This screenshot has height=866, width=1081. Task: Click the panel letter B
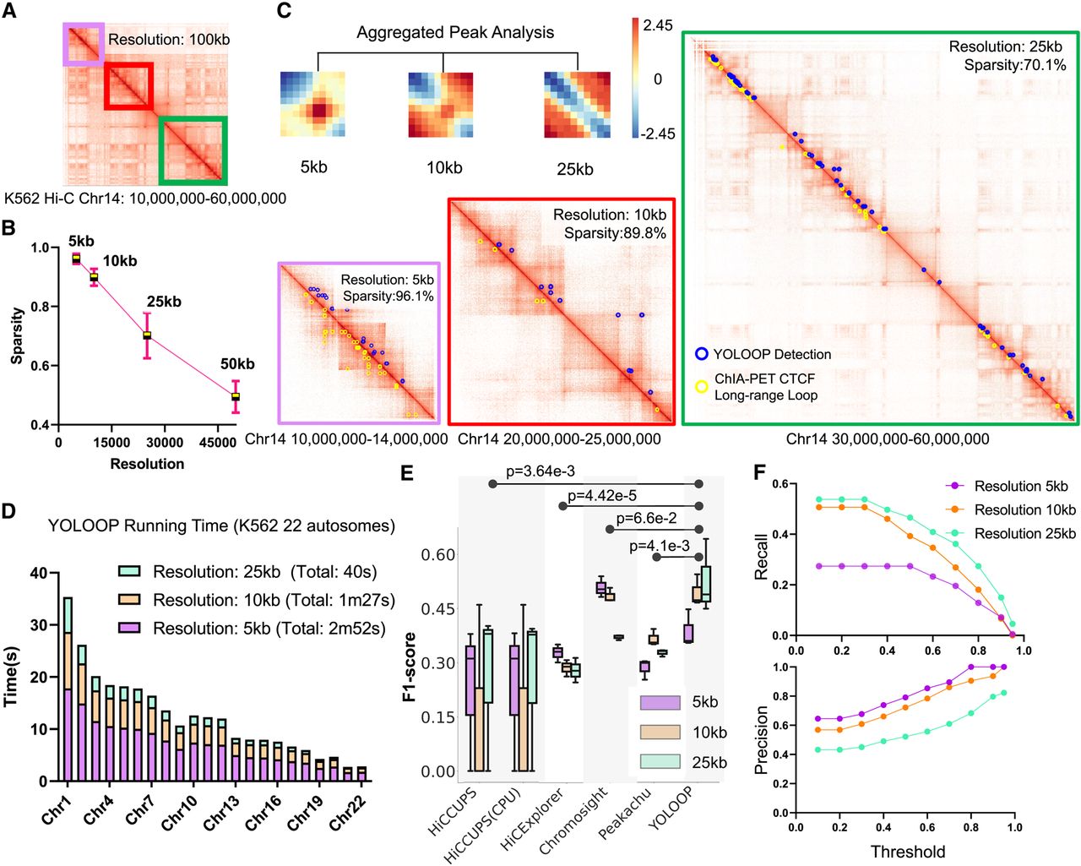[8, 228]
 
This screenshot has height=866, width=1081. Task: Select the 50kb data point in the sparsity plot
[235, 396]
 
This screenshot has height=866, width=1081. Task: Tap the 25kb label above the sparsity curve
[164, 302]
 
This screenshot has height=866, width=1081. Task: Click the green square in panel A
[193, 150]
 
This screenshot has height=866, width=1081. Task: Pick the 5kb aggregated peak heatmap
[312, 104]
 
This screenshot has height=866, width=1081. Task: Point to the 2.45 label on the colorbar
[658, 26]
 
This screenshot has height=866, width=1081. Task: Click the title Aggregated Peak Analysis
[455, 32]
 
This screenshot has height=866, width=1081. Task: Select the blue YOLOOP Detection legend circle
[702, 354]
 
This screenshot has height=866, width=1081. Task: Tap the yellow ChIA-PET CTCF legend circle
[702, 386]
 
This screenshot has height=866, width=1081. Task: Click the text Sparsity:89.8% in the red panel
[615, 233]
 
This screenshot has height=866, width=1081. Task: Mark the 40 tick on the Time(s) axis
[39, 573]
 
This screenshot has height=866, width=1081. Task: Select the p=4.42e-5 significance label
[602, 496]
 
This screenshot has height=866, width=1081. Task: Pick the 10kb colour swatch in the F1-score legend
[660, 732]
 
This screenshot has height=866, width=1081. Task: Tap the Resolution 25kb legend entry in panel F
[1010, 533]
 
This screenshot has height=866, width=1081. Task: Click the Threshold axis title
[908, 851]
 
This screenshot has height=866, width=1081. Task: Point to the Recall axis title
[762, 557]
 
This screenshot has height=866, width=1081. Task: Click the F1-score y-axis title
[409, 667]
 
